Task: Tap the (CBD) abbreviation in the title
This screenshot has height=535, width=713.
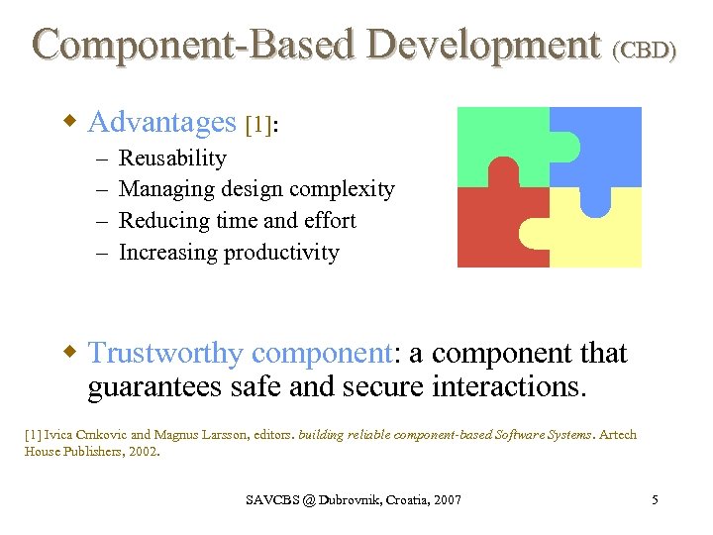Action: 645,50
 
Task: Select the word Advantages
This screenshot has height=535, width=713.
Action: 162,122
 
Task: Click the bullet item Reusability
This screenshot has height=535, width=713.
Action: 172,159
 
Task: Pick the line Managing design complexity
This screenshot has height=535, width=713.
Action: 256,189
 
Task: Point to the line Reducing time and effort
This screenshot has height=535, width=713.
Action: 237,221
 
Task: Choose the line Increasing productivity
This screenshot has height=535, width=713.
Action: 229,253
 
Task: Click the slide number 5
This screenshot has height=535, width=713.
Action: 655,500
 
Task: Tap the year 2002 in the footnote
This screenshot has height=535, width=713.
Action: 142,451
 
